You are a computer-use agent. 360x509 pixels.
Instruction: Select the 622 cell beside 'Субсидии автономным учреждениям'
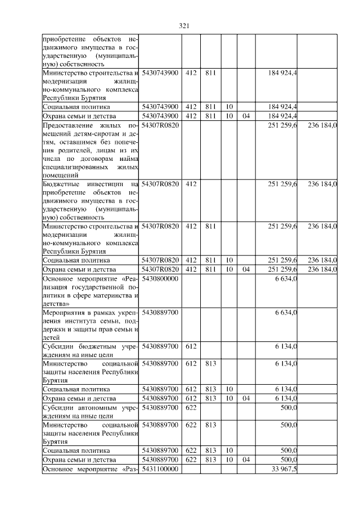pyautogui.click(x=191, y=407)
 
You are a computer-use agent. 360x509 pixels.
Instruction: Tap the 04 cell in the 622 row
pyautogui.click(x=245, y=460)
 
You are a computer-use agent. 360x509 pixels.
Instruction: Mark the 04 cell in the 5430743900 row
pyautogui.click(x=245, y=116)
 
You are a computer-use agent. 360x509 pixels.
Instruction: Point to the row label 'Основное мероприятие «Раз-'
pyautogui.click(x=90, y=469)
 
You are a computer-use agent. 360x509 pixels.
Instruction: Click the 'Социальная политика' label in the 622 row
pyautogui.click(x=76, y=451)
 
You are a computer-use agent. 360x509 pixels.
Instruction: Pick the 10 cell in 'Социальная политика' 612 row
pyautogui.click(x=229, y=389)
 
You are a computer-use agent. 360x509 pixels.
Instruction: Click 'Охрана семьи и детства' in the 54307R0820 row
pyautogui.click(x=79, y=269)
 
